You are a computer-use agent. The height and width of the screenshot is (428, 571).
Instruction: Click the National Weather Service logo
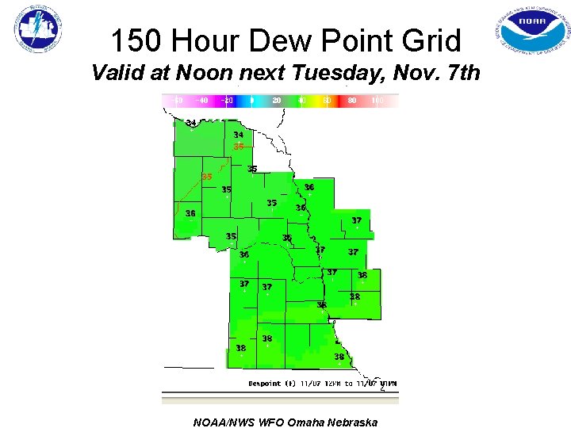click(37, 31)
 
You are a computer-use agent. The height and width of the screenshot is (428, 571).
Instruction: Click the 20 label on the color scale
click(276, 101)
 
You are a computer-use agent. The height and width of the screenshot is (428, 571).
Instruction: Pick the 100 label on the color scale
click(377, 101)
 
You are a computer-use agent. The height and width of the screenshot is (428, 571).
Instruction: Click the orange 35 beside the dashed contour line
click(206, 177)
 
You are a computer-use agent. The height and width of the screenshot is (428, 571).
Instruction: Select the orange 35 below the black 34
click(238, 147)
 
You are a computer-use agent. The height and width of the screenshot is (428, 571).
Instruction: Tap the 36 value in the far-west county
click(190, 213)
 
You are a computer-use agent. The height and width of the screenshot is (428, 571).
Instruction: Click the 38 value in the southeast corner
click(339, 357)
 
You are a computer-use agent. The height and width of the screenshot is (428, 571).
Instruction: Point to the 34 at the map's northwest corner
click(191, 123)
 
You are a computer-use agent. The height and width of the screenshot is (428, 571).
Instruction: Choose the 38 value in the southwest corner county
click(240, 348)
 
